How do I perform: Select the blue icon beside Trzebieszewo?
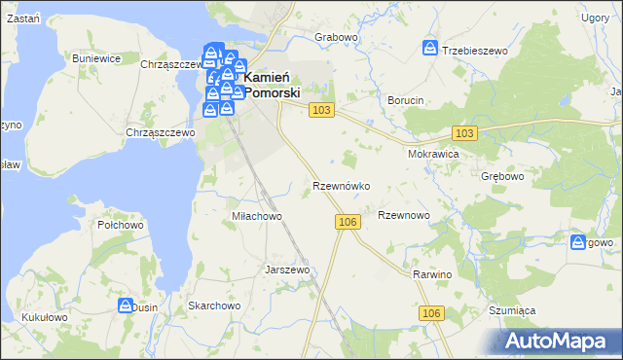click(x=430, y=48)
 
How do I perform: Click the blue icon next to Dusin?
click(x=126, y=306)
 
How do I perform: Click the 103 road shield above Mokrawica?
click(x=464, y=132)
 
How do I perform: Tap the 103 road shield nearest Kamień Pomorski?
click(x=322, y=111)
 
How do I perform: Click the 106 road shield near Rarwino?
click(x=433, y=312)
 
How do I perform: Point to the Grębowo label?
click(x=503, y=178)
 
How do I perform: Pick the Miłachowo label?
click(x=256, y=216)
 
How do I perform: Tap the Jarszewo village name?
click(x=287, y=270)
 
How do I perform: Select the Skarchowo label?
click(x=214, y=306)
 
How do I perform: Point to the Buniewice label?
click(x=96, y=58)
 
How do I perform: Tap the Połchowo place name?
click(x=121, y=225)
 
